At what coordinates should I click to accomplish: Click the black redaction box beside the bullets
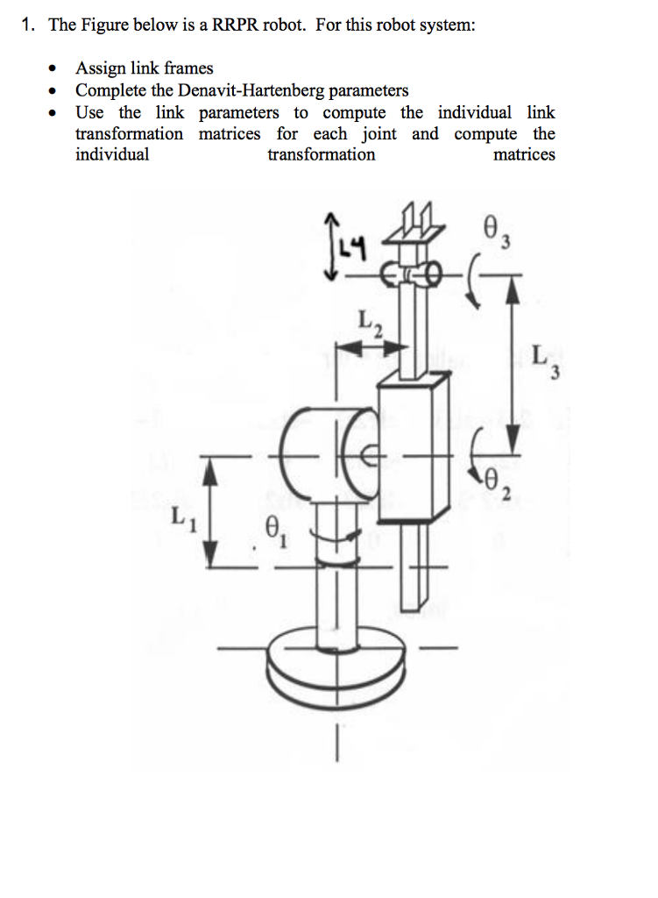[572, 75]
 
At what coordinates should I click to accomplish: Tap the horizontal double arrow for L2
[372, 350]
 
